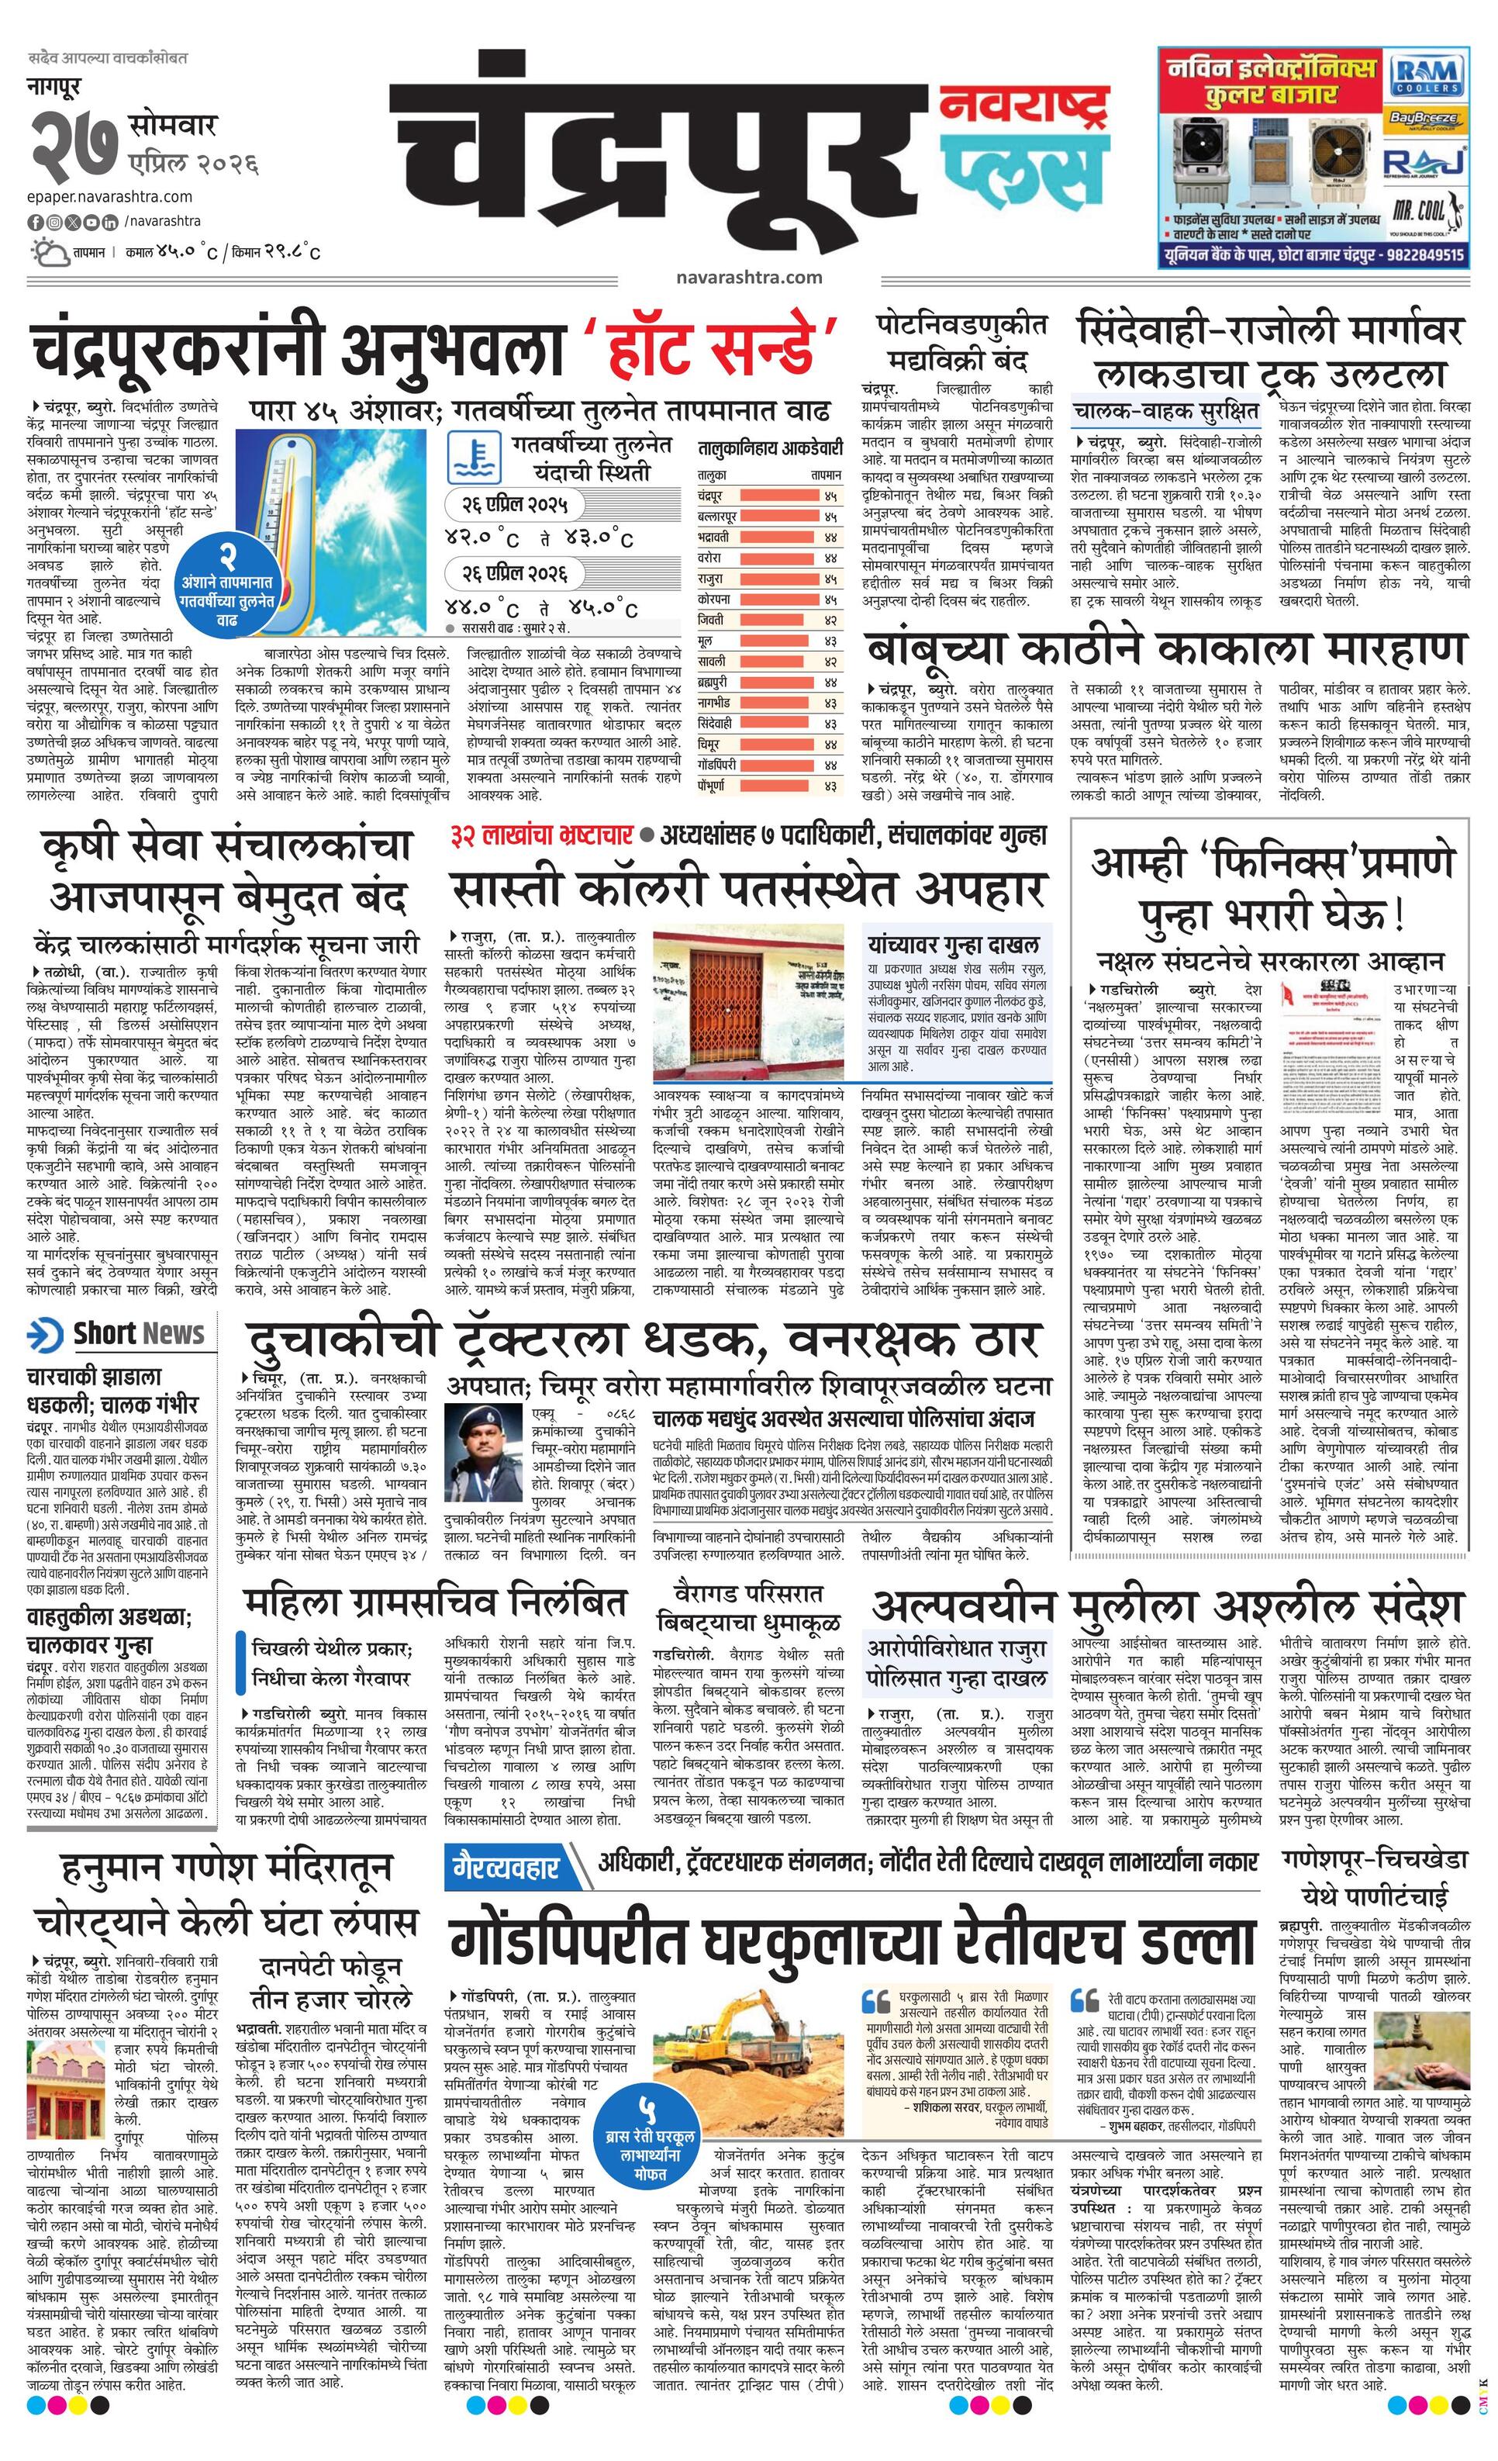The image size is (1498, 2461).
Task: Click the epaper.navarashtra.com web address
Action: (x=110, y=197)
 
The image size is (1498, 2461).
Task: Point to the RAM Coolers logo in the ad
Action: (x=1427, y=75)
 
